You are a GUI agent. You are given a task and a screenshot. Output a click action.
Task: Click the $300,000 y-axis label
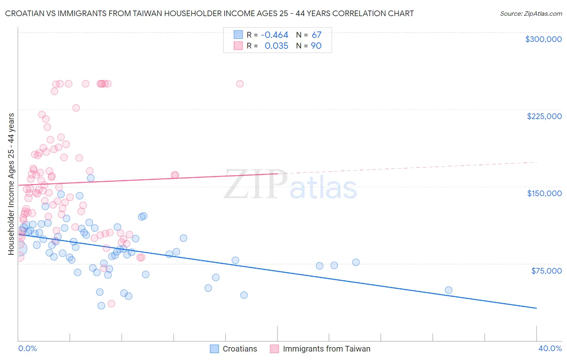pos(543,39)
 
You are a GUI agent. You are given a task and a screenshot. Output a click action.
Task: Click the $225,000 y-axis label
pos(544,116)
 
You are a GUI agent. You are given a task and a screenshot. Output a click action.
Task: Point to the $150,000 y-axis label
pos(544,193)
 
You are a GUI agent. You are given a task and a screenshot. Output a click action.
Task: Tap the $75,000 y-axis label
pos(546,271)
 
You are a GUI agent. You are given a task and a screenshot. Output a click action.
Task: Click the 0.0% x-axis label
pos(27,348)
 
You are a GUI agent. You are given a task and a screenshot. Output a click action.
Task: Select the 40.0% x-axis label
pos(550,348)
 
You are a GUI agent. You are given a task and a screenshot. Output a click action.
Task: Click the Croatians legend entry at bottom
pos(240,349)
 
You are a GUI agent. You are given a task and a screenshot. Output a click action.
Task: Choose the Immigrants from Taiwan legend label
pos(326,349)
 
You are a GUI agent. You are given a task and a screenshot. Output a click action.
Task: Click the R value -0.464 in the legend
pos(274,35)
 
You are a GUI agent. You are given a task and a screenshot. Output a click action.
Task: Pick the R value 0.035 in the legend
pos(276,46)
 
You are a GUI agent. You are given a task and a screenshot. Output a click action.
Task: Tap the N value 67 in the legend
pos(316,35)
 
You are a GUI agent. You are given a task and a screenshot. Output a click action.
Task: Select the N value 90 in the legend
pos(316,46)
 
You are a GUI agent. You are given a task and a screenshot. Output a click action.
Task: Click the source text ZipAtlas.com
pos(531,14)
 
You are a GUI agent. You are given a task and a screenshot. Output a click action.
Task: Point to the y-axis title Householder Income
pos(11,184)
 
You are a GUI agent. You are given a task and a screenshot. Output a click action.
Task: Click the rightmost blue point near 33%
pos(448,290)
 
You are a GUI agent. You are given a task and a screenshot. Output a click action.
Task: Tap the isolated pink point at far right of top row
pos(240,84)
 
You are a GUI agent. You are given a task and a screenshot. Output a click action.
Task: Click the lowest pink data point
pos(111,303)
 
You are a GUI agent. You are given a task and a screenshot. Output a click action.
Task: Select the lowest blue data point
pos(101,306)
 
